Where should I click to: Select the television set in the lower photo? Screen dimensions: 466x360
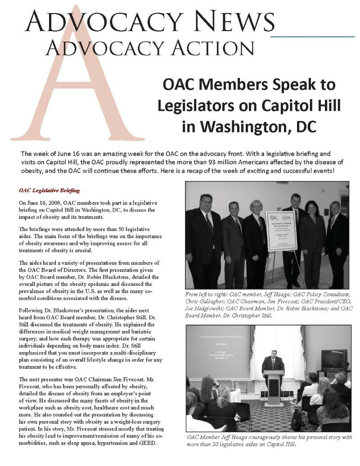(333, 360)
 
